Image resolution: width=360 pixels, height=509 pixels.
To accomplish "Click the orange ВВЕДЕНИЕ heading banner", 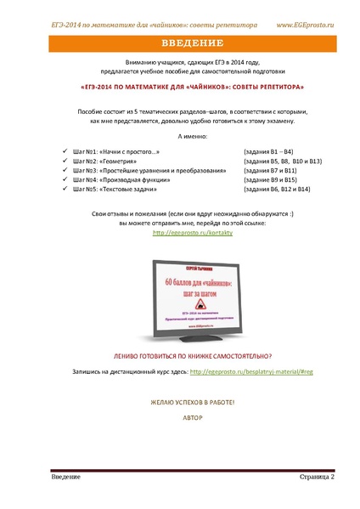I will pos(179,43).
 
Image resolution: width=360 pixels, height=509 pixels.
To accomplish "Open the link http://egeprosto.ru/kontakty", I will pos(179,231).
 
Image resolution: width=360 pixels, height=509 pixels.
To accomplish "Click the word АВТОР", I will pos(179,417).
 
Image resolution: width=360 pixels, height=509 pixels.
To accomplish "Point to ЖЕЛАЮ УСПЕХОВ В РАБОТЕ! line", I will pos(179,400).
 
